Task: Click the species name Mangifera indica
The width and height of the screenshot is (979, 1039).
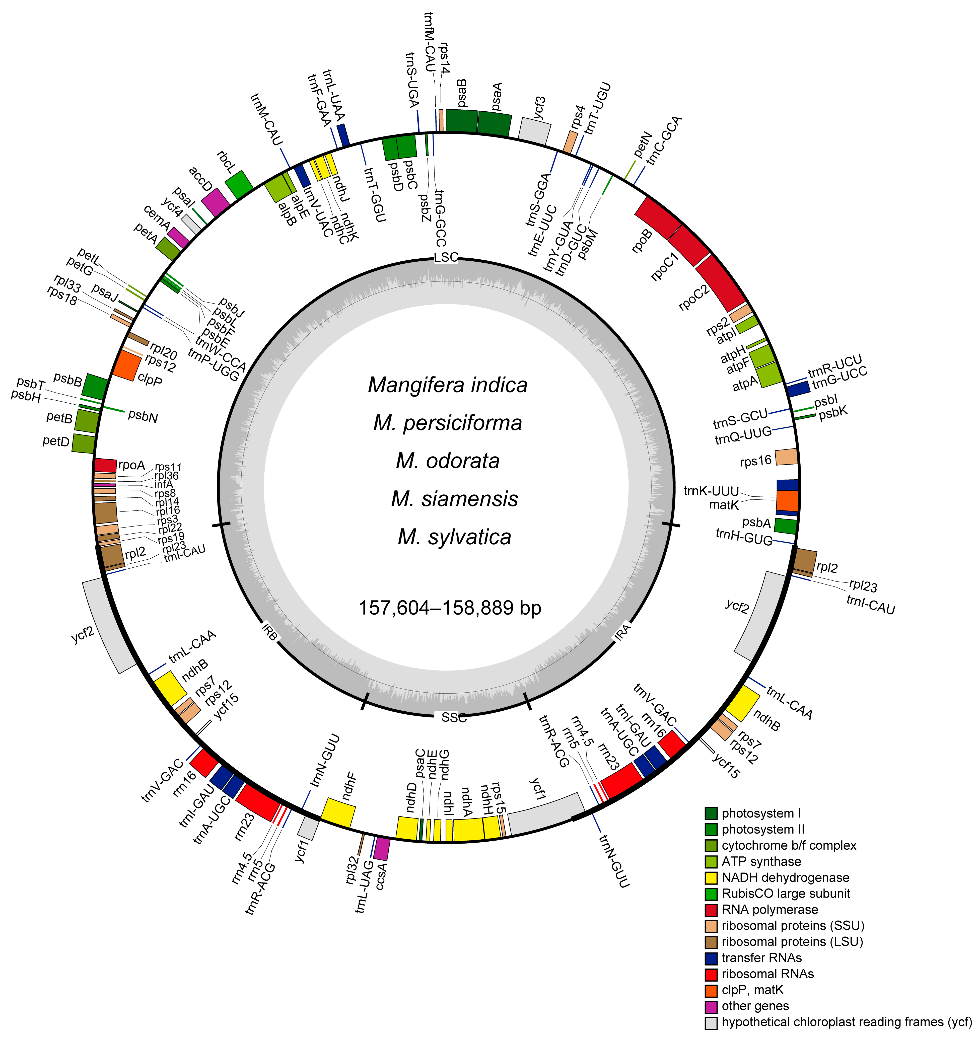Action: [447, 385]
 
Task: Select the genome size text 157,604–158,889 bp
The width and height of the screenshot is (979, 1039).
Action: [450, 608]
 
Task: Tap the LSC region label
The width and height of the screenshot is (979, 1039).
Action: [446, 257]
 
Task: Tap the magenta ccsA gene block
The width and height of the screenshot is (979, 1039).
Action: [382, 848]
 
